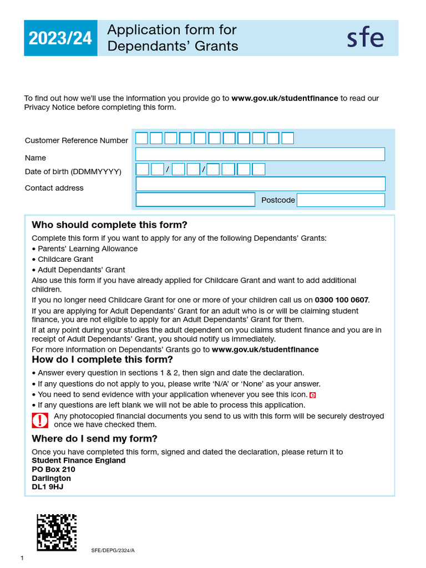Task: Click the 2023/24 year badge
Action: click(x=60, y=38)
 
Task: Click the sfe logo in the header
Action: click(x=365, y=38)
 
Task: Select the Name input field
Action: click(x=260, y=154)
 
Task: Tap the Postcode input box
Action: click(x=341, y=200)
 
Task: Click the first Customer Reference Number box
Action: click(x=142, y=138)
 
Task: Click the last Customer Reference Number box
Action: click(x=287, y=138)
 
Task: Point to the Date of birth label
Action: click(x=73, y=172)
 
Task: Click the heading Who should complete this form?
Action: click(x=109, y=225)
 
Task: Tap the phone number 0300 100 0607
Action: click(x=341, y=300)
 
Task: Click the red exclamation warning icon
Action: click(x=40, y=420)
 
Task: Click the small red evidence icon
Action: click(x=312, y=395)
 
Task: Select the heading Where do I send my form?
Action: click(x=94, y=439)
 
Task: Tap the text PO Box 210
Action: click(x=53, y=469)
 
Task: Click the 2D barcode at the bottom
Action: click(x=57, y=532)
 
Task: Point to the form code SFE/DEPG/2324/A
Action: click(x=113, y=550)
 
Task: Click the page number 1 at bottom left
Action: click(x=22, y=558)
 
